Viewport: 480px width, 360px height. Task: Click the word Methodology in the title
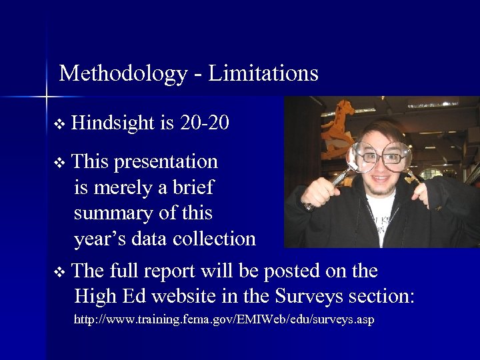pos(123,73)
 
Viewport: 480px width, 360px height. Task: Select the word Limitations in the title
pos(263,73)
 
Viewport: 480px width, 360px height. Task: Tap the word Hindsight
pos(113,123)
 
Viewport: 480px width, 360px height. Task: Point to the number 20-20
pos(205,123)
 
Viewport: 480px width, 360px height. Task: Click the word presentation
pos(166,162)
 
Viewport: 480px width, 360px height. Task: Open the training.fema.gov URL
pos(224,320)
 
